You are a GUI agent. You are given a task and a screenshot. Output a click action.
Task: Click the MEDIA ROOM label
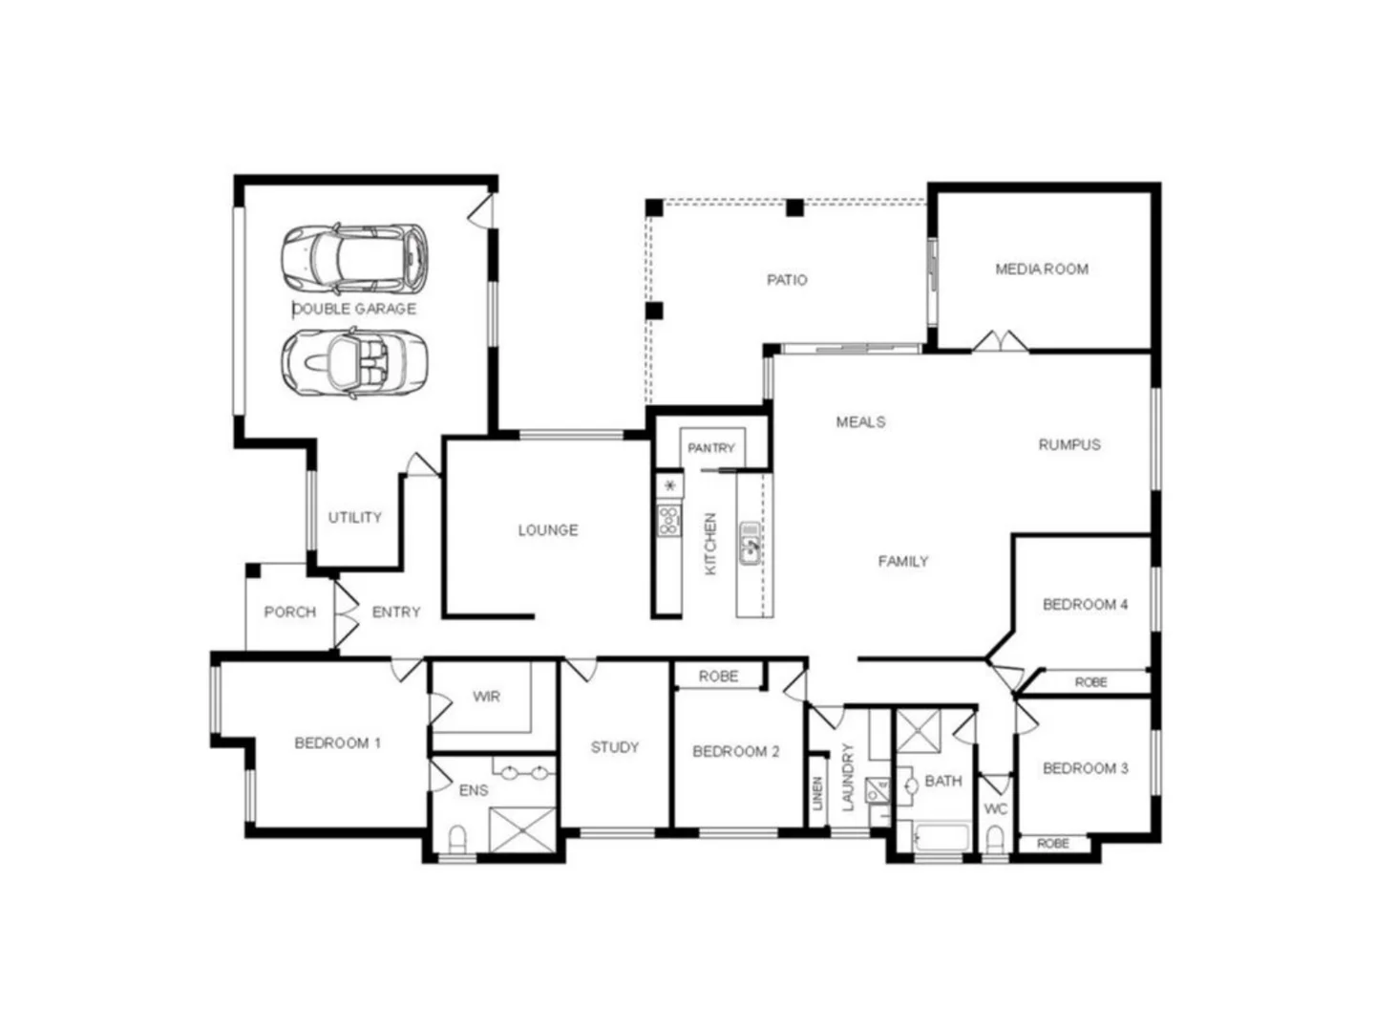1042,269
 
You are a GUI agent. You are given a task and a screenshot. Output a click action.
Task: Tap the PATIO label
787,280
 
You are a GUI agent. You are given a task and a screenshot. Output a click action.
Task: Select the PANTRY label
711,447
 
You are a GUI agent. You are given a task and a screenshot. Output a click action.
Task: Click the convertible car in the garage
353,361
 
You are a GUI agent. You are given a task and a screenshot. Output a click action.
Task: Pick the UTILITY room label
355,517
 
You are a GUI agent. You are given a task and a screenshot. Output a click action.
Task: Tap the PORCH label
289,612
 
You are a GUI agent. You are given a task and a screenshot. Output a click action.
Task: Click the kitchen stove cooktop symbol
669,521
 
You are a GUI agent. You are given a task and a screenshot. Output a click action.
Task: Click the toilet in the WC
995,840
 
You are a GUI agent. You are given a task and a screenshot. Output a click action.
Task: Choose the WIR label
486,697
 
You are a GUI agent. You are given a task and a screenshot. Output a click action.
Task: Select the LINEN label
817,794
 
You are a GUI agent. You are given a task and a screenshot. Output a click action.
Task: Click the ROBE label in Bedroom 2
718,676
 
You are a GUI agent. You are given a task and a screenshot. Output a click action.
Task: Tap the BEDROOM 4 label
1085,604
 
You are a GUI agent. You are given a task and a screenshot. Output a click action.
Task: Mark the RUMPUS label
1069,444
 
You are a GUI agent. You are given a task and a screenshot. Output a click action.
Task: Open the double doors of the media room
1001,342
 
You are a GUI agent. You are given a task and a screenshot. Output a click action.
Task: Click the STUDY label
614,747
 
